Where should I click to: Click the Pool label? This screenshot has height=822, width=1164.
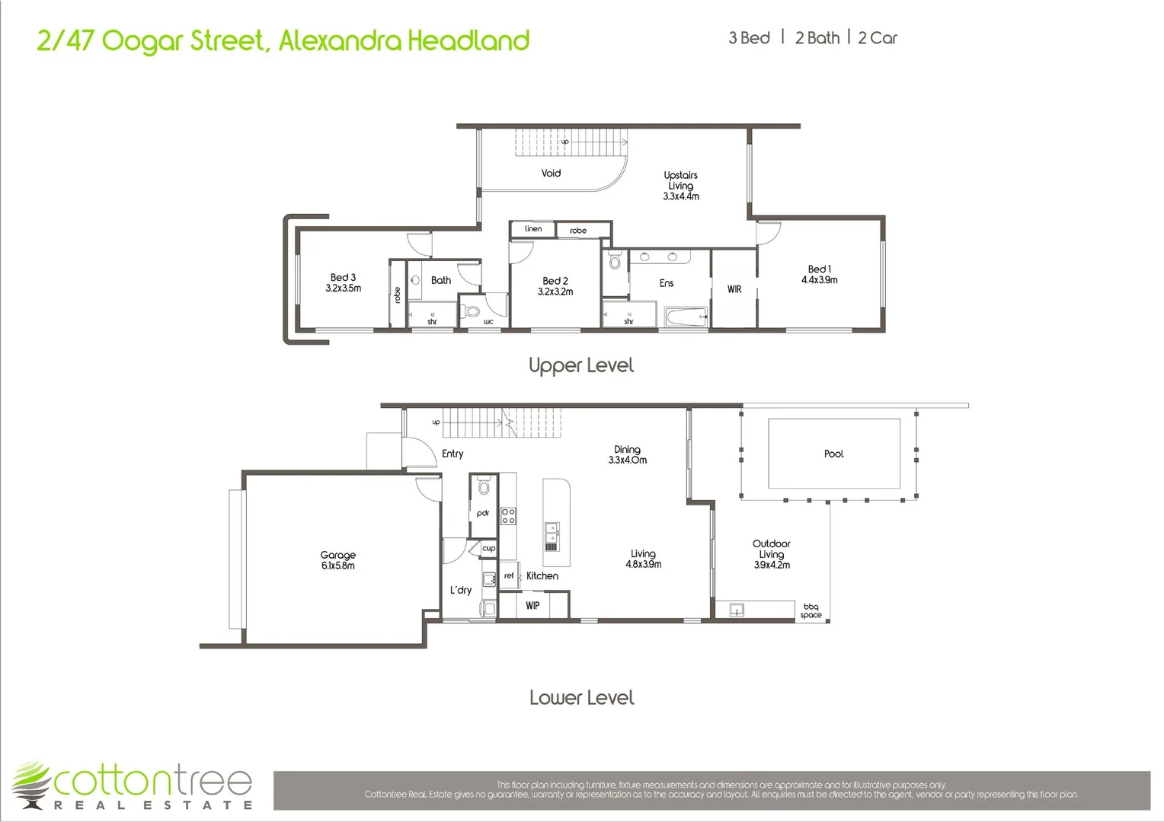coord(833,454)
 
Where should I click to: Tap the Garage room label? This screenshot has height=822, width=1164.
coord(337,556)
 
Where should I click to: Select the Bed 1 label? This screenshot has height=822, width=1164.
coord(819,269)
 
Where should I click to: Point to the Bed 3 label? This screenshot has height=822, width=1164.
coord(343,278)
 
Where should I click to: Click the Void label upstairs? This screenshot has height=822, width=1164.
coord(551,174)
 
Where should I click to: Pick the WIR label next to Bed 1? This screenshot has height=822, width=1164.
coord(734,289)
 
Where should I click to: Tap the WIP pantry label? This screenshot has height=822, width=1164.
coord(532,606)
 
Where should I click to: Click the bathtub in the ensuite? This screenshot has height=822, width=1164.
coord(685,317)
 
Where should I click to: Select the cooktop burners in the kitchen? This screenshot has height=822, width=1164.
coord(508,516)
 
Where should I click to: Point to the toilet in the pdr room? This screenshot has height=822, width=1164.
coord(483,488)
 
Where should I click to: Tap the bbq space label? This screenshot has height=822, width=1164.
coord(811,611)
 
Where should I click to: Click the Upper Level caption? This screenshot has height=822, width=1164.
coord(581,366)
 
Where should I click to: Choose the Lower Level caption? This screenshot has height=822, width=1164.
coord(581,698)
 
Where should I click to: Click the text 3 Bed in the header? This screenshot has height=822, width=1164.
coord(749,38)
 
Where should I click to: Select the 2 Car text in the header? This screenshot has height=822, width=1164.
coord(878,38)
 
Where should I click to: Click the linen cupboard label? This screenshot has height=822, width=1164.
coord(533,229)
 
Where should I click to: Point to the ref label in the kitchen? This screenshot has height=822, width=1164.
coord(509,576)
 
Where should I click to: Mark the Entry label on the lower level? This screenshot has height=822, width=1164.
coord(452,454)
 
